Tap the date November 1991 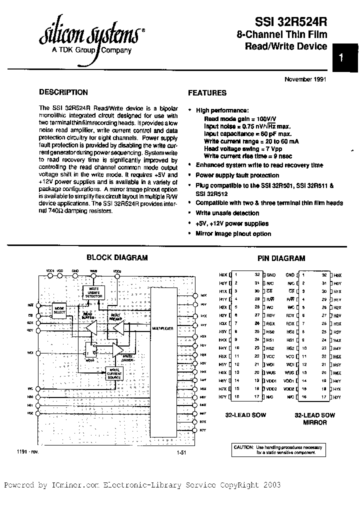point(305,79)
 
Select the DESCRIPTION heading point(63,92)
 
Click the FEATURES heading point(207,92)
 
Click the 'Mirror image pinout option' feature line point(233,233)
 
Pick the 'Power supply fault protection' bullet point(237,175)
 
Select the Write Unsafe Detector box point(93,293)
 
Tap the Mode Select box point(59,311)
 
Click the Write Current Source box point(115,373)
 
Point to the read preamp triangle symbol point(118,327)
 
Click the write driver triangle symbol point(118,350)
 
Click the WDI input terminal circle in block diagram point(36,352)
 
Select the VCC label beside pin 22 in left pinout point(270,356)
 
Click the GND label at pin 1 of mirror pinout point(290,275)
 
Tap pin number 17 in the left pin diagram point(257,396)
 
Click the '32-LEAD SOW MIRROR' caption point(314,418)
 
